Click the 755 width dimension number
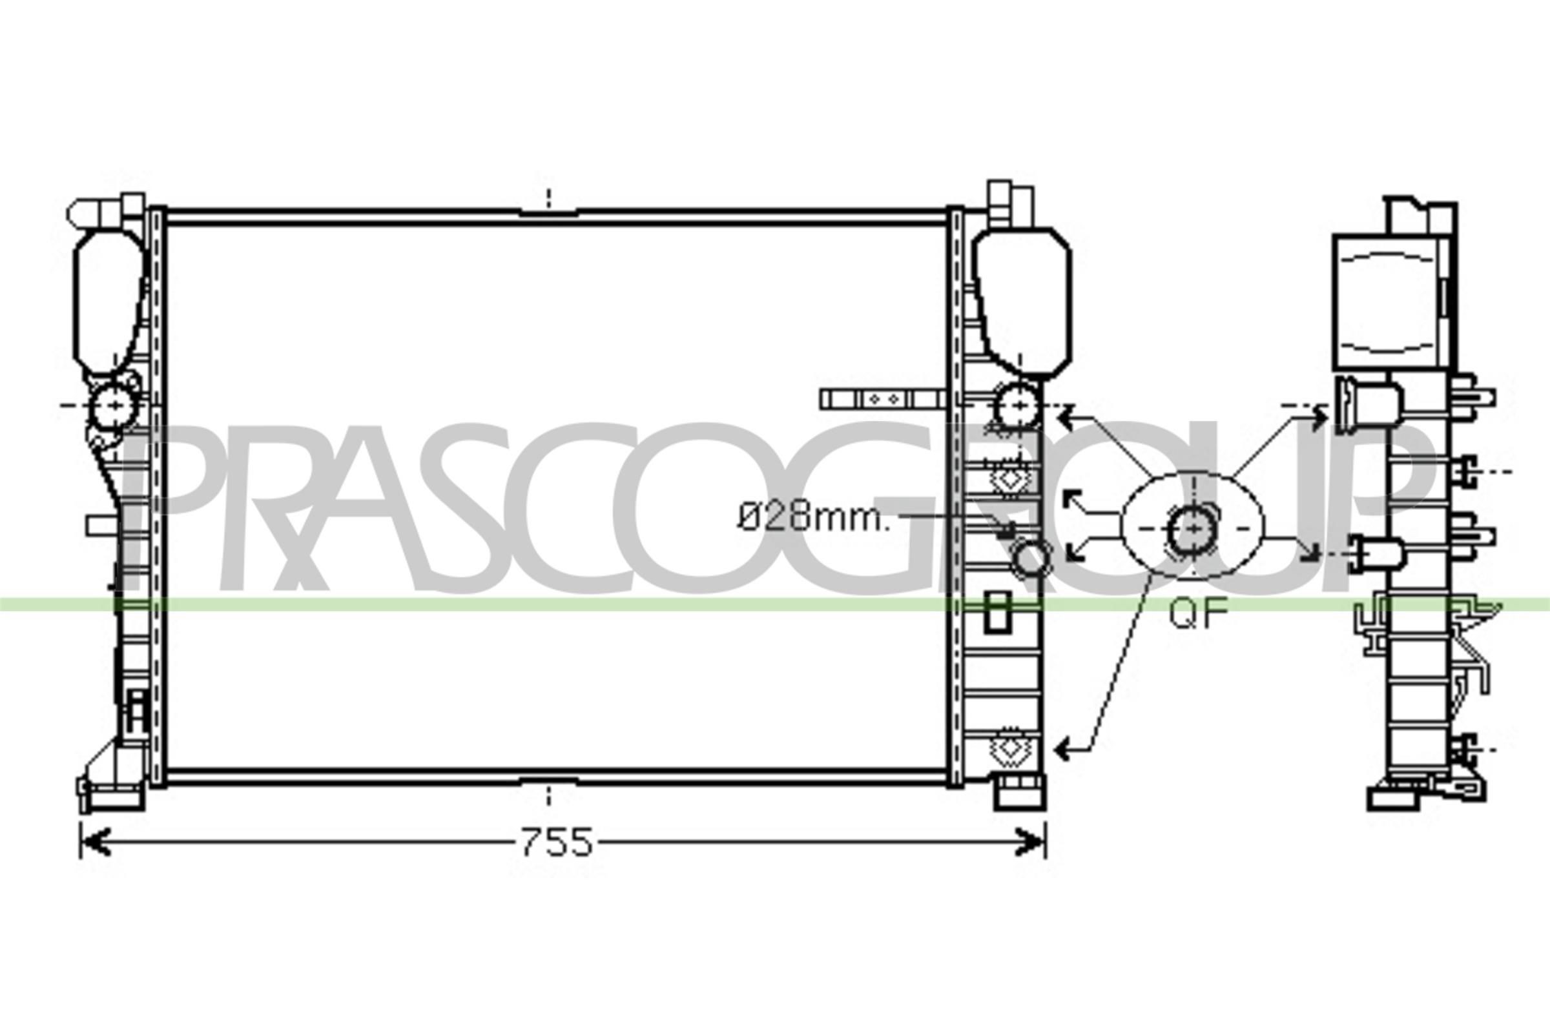[557, 843]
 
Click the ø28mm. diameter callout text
[813, 518]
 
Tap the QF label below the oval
[1199, 614]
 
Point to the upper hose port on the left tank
[114, 406]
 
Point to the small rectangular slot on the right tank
[997, 613]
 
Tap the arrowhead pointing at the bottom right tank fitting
[1063, 748]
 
